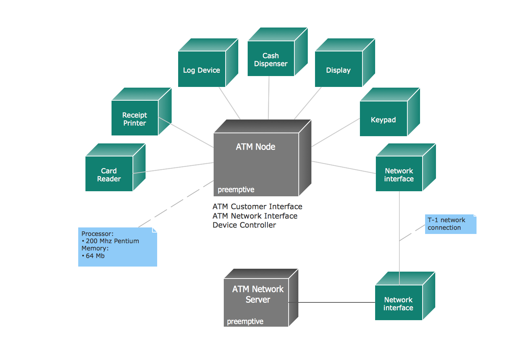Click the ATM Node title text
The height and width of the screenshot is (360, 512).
pos(256,147)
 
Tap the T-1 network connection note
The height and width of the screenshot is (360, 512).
pos(450,224)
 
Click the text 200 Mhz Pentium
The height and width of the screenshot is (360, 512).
pos(112,241)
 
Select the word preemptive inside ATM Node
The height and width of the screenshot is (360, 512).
pos(236,189)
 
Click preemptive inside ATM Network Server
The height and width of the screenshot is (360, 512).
pos(245,321)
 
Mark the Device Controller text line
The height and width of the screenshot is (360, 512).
pos(244,225)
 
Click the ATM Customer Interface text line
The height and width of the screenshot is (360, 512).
pos(257,206)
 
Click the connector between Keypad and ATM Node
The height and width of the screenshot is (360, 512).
pos(336,133)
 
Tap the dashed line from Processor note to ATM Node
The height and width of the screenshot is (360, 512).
pos(176,204)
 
